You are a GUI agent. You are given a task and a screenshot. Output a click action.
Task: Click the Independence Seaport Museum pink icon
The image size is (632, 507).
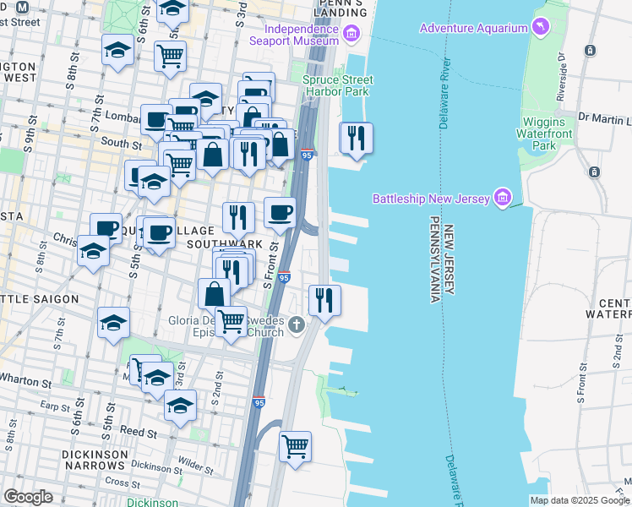(351, 35)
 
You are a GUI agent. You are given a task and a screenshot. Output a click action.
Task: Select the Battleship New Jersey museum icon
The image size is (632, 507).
(503, 199)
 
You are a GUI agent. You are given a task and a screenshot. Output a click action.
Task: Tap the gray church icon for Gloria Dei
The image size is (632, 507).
(297, 324)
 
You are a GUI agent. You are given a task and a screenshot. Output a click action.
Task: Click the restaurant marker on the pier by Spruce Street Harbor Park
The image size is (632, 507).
(356, 137)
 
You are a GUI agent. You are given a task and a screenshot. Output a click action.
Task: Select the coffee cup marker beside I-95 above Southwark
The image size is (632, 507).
(280, 212)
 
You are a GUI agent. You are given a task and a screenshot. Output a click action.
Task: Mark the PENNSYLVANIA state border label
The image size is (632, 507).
(434, 259)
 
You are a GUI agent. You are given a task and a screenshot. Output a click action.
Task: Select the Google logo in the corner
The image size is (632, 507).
(28, 497)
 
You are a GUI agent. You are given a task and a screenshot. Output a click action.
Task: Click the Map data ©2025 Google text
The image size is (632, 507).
(579, 500)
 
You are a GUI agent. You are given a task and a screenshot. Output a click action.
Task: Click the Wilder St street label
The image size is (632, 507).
(196, 465)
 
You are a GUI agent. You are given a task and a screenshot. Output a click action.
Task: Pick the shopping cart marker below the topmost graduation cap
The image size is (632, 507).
(170, 55)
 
